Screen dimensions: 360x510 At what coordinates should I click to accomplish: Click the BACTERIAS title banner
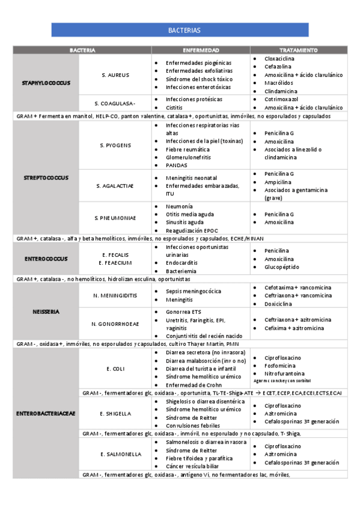pyautogui.click(x=180, y=30)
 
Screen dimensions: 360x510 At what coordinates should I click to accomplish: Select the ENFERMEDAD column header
pyautogui.click(x=201, y=50)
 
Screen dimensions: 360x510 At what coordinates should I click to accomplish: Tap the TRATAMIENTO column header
pyautogui.click(x=298, y=50)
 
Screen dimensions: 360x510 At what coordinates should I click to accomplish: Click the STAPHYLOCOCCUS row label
pyautogui.click(x=46, y=82)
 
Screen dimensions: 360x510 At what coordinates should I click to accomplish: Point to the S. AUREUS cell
pyautogui.click(x=115, y=75)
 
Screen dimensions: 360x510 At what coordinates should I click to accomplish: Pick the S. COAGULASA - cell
pyautogui.click(x=115, y=103)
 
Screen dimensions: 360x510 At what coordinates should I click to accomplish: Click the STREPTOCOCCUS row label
pyautogui.click(x=46, y=177)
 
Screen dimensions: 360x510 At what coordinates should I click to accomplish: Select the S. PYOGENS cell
pyautogui.click(x=115, y=145)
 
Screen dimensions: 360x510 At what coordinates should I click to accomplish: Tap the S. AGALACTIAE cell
pyautogui.click(x=115, y=186)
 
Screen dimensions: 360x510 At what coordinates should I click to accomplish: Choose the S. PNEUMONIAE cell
pyautogui.click(x=115, y=217)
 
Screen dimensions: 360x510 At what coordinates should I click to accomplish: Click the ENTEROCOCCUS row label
pyautogui.click(x=46, y=259)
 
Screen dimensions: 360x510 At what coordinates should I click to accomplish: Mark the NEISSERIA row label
pyautogui.click(x=46, y=312)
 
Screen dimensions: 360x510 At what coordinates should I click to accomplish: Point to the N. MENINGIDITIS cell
pyautogui.click(x=115, y=295)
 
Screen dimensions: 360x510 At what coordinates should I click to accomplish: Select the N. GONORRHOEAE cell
pyautogui.click(x=115, y=324)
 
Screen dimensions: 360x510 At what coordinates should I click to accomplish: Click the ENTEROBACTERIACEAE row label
pyautogui.click(x=46, y=413)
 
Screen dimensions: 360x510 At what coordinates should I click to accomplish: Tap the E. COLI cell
pyautogui.click(x=115, y=368)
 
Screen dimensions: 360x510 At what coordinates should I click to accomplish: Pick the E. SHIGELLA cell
pyautogui.click(x=115, y=413)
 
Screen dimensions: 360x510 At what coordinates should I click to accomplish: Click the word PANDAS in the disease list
pyautogui.click(x=176, y=165)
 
